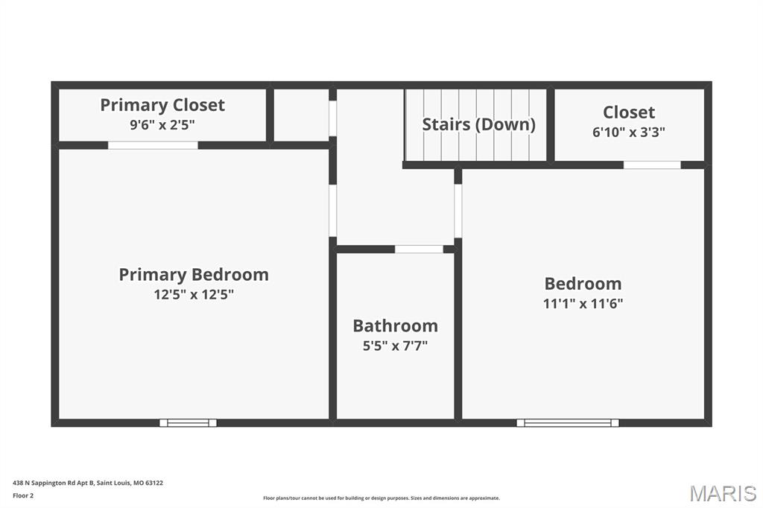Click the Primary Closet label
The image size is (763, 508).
pos(162,105)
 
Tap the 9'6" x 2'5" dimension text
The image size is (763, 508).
pos(162,125)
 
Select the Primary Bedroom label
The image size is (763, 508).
pos(194,274)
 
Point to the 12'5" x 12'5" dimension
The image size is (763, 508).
pos(194,294)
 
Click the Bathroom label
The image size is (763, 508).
pos(395,326)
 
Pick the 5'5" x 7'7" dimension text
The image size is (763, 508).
pos(395,346)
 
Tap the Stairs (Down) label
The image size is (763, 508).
pos(479,124)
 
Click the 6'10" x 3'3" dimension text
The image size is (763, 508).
pos(629,132)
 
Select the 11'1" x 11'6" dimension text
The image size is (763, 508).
pos(583,304)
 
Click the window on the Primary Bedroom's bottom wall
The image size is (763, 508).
pos(188,423)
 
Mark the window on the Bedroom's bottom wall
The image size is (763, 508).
pos(567,423)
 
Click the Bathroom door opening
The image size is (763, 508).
pos(419,249)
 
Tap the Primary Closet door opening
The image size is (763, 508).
pos(153,145)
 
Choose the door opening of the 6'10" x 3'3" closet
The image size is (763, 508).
pos(652,165)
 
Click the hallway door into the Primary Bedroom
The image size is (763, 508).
pos(333,211)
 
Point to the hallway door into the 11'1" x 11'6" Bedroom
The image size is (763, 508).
pos(458,211)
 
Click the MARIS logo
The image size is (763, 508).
pos(723,493)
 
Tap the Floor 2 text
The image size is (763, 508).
pos(23,496)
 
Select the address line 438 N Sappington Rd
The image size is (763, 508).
pos(88,483)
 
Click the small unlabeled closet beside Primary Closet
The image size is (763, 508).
pos(302,115)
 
